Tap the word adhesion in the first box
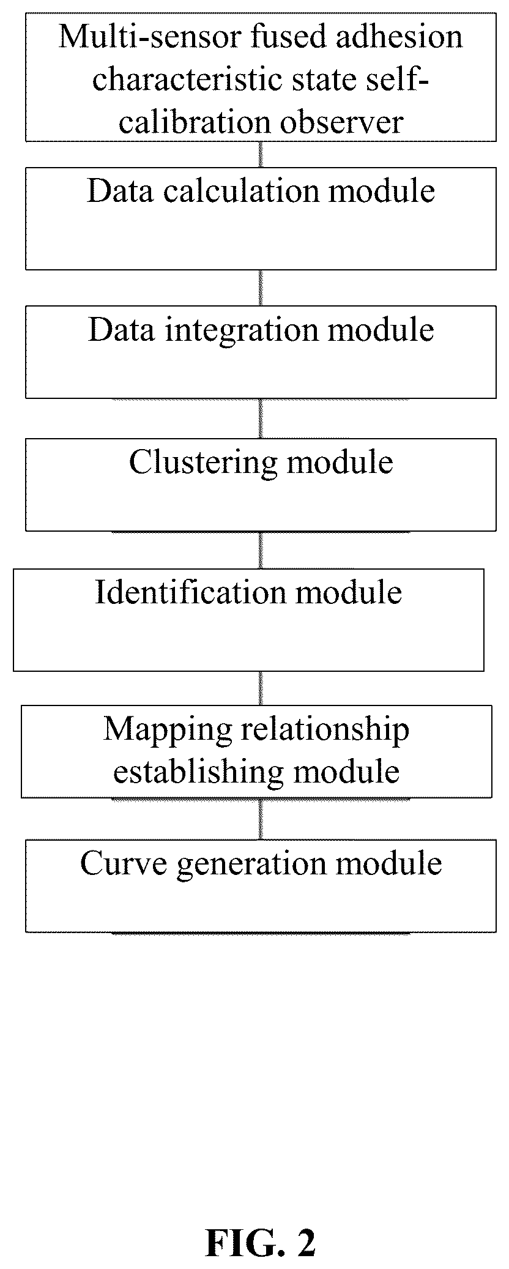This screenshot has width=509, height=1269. [x=397, y=37]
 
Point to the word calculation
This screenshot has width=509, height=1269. [x=242, y=191]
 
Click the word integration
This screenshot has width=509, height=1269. [x=242, y=331]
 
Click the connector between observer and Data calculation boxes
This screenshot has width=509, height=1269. [x=261, y=155]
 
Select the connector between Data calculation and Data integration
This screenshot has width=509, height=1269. [x=261, y=288]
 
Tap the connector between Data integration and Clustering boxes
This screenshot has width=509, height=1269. [x=261, y=419]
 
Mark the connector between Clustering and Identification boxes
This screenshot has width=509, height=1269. [x=261, y=550]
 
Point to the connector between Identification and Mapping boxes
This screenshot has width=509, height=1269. [x=261, y=688]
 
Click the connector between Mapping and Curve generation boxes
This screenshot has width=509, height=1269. [x=261, y=819]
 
